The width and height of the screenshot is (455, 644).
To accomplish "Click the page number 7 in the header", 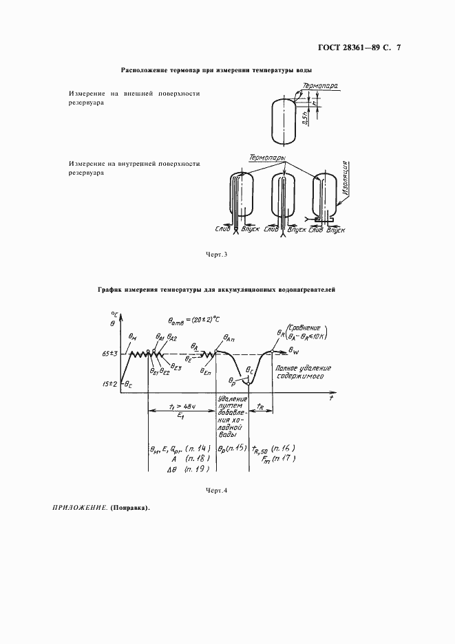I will [399, 48].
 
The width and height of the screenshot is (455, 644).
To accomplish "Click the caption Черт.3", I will [216, 255].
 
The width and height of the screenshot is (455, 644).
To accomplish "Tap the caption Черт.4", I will [216, 491].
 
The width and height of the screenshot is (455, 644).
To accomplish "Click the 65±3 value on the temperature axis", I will [110, 354].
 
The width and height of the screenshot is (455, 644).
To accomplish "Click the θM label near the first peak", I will [134, 336].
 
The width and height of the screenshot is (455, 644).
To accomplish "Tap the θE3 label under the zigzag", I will [176, 367].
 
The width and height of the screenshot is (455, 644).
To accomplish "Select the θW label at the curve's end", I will [295, 351].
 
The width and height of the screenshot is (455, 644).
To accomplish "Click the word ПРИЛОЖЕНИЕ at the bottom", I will [76, 509].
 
